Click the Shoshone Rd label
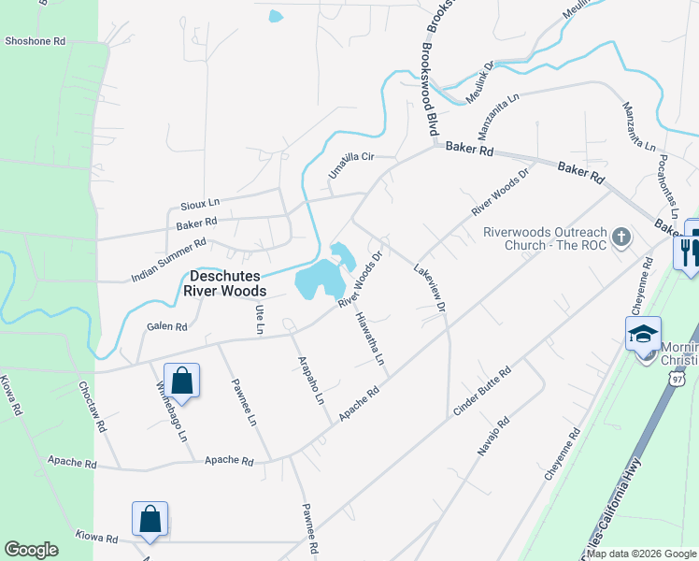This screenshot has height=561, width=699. point(35,41)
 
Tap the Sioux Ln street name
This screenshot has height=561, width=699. point(200,202)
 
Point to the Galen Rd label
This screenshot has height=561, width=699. point(167,327)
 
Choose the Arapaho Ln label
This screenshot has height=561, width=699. point(310,379)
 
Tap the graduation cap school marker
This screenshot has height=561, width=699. point(644,335)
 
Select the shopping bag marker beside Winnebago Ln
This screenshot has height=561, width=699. point(181,381)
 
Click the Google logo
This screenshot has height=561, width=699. point(31,550)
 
